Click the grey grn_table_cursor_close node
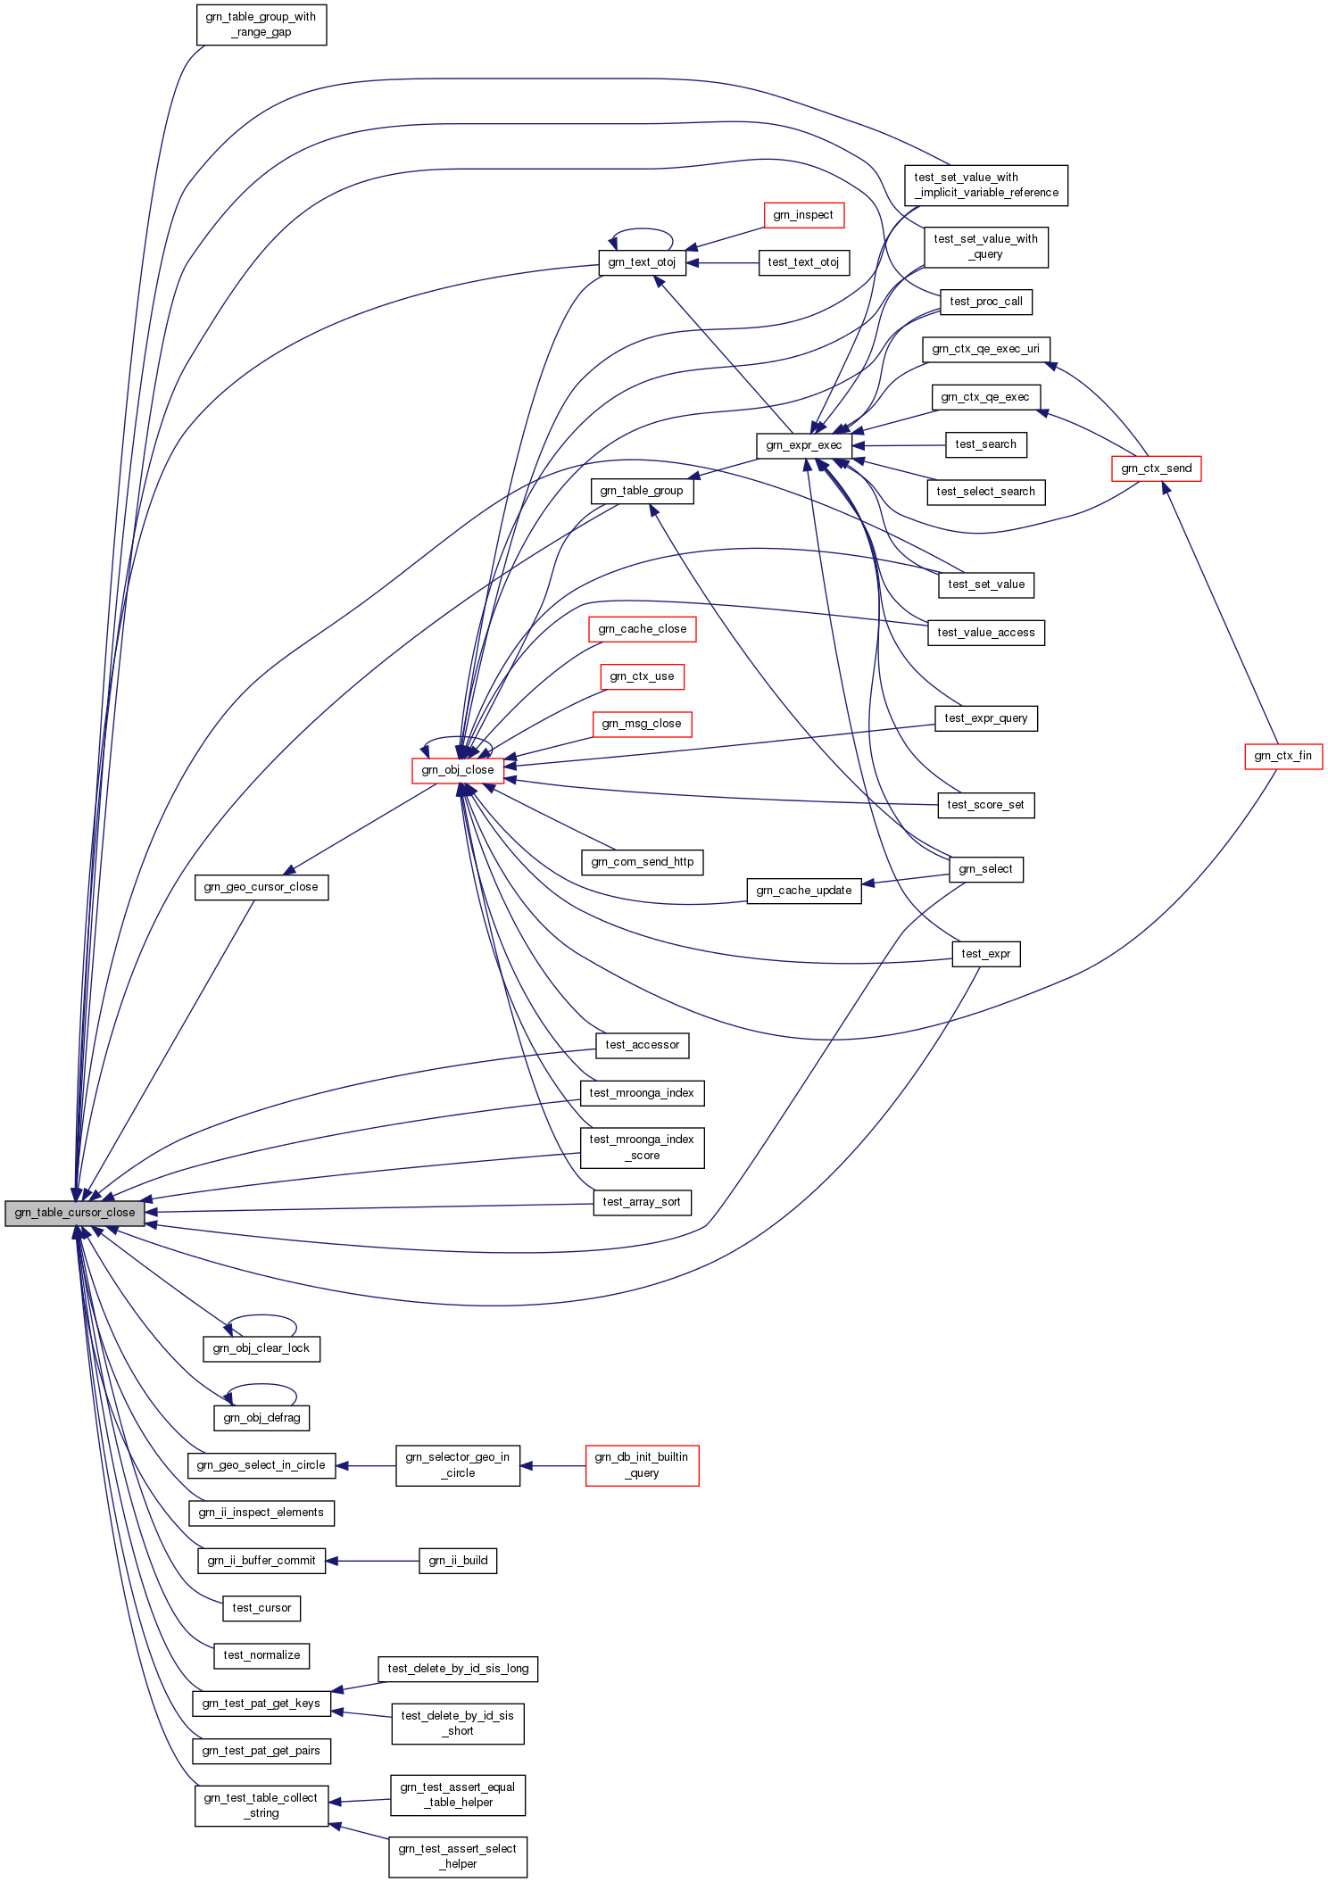pos(74,1213)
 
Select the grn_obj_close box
pos(458,770)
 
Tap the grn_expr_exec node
pos(803,445)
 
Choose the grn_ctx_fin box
pos(1282,756)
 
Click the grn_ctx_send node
pos(1156,468)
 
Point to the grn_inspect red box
pos(803,215)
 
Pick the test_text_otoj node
pos(803,262)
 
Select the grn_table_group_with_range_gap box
pos(261,24)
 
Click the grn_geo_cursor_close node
pos(261,887)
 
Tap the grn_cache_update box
pos(803,891)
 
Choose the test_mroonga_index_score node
pos(642,1148)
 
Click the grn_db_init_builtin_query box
pos(642,1465)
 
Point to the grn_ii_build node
pos(458,1561)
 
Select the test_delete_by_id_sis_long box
pos(458,1669)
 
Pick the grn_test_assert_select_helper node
pos(458,1856)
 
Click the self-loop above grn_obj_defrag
pos(261,1385)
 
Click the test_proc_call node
pos(985,302)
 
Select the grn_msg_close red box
pos(642,724)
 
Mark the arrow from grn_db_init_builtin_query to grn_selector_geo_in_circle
pos(552,1465)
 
